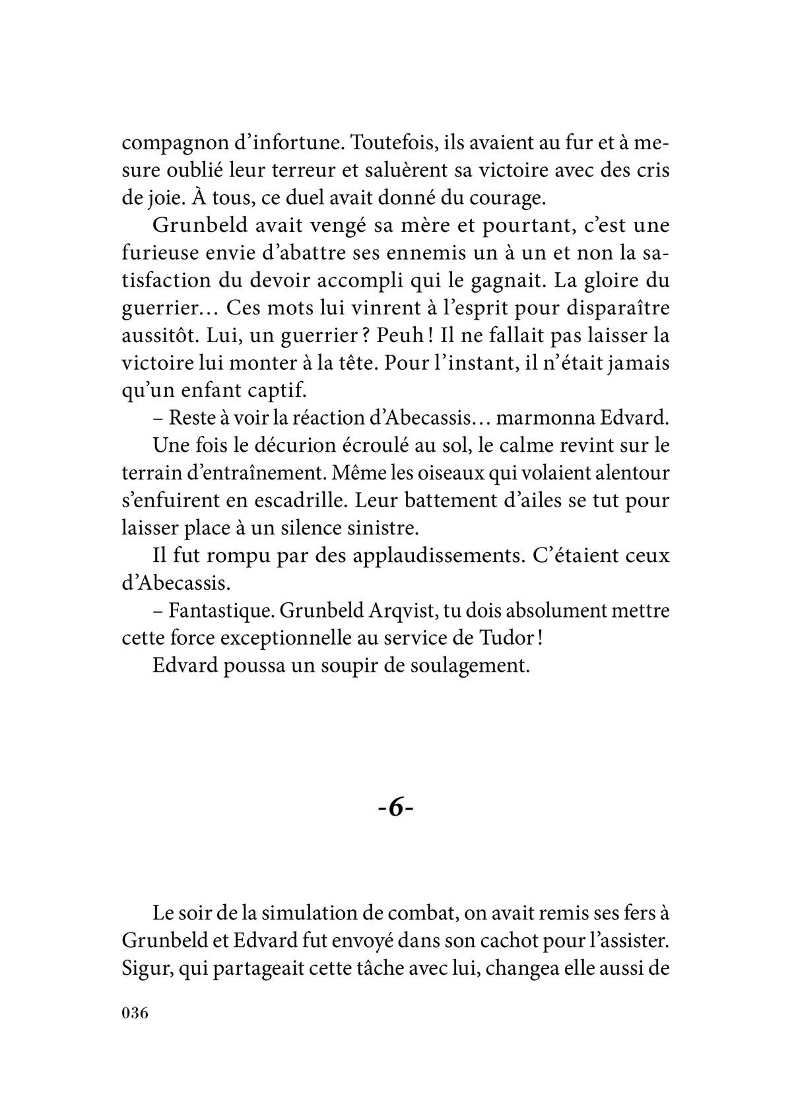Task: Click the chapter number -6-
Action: tap(395, 808)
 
